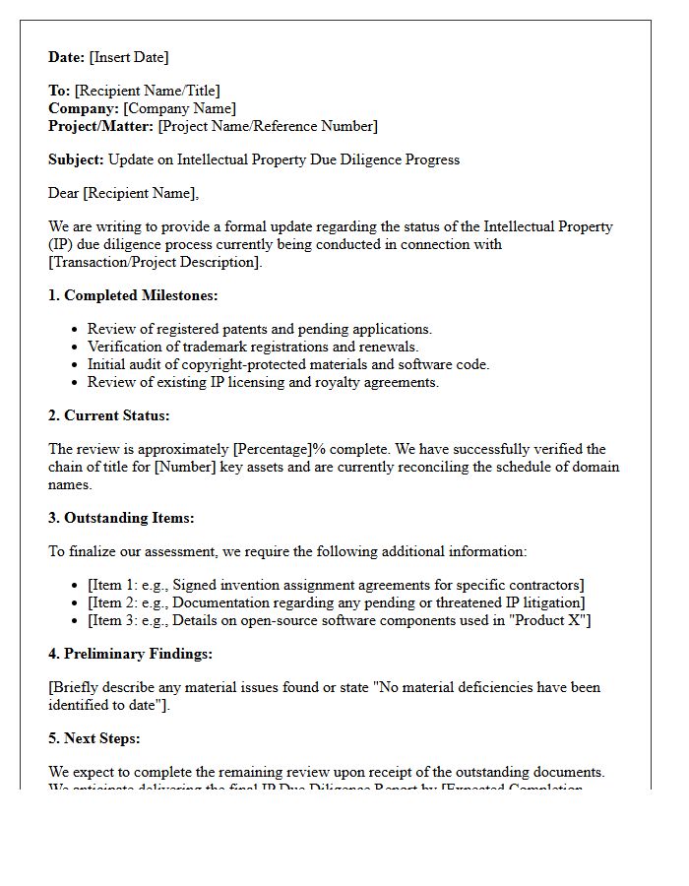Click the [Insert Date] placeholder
(x=129, y=57)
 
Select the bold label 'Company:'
(x=84, y=108)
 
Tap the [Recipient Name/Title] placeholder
(x=148, y=91)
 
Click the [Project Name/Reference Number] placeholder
(x=268, y=126)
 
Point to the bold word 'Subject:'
(x=76, y=159)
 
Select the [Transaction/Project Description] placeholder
(x=156, y=262)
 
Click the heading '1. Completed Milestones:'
(x=133, y=295)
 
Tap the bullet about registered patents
(x=260, y=329)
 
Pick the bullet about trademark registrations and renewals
(x=253, y=347)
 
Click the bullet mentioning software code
(x=288, y=364)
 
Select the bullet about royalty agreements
(x=263, y=382)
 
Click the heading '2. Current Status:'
(x=109, y=415)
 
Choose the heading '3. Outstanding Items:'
(x=121, y=518)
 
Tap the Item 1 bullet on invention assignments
(x=336, y=585)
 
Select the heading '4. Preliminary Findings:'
(x=130, y=654)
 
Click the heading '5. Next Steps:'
(x=97, y=738)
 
